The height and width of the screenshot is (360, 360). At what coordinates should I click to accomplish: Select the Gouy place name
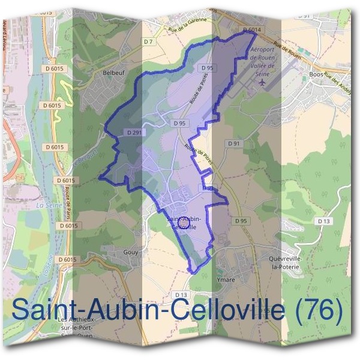click(x=130, y=253)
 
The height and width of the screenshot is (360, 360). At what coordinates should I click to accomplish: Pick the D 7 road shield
click(x=148, y=41)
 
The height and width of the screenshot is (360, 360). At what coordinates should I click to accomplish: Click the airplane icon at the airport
click(x=260, y=82)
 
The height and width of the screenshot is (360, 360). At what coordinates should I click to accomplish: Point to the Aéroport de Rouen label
click(x=262, y=60)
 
